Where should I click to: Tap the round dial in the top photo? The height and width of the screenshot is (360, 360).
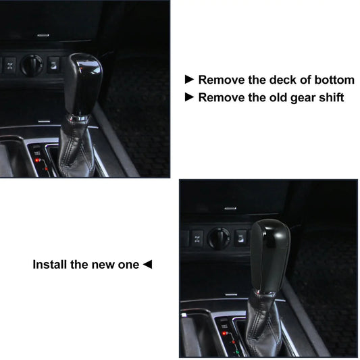pyautogui.click(x=30, y=65)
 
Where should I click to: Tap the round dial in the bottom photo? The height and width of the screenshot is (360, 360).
pyautogui.click(x=217, y=238)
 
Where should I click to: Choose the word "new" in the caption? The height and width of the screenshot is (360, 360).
pyautogui.click(x=101, y=264)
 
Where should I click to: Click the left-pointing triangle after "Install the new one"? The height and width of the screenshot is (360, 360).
pyautogui.click(x=147, y=264)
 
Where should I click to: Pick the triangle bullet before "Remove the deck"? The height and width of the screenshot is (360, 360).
pyautogui.click(x=189, y=80)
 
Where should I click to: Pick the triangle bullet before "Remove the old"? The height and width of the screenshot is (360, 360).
pyautogui.click(x=189, y=97)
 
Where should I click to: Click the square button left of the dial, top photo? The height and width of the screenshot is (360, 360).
pyautogui.click(x=10, y=65)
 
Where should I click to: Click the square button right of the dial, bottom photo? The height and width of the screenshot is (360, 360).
pyautogui.click(x=240, y=237)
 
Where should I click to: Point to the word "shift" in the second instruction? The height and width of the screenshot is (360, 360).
pyautogui.click(x=329, y=97)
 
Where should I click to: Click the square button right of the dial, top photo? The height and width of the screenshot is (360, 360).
pyautogui.click(x=53, y=64)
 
